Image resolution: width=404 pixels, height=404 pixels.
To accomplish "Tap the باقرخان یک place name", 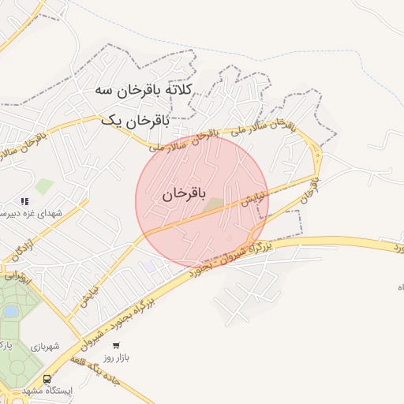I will [135, 121].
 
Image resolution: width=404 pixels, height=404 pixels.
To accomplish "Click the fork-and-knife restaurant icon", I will [24, 201].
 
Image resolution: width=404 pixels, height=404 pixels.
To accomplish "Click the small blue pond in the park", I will [9, 312].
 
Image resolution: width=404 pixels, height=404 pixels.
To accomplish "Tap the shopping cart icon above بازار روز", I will [117, 345].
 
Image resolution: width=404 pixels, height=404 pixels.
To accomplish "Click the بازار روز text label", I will [117, 357].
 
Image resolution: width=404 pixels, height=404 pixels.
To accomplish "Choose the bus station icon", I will [47, 379].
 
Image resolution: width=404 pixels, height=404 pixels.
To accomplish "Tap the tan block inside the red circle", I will [215, 205].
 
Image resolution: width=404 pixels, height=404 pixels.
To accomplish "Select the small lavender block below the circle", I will [149, 266].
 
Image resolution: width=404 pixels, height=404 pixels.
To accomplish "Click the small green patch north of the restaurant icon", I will [44, 186].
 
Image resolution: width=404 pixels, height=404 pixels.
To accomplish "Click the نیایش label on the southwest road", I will [87, 297].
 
